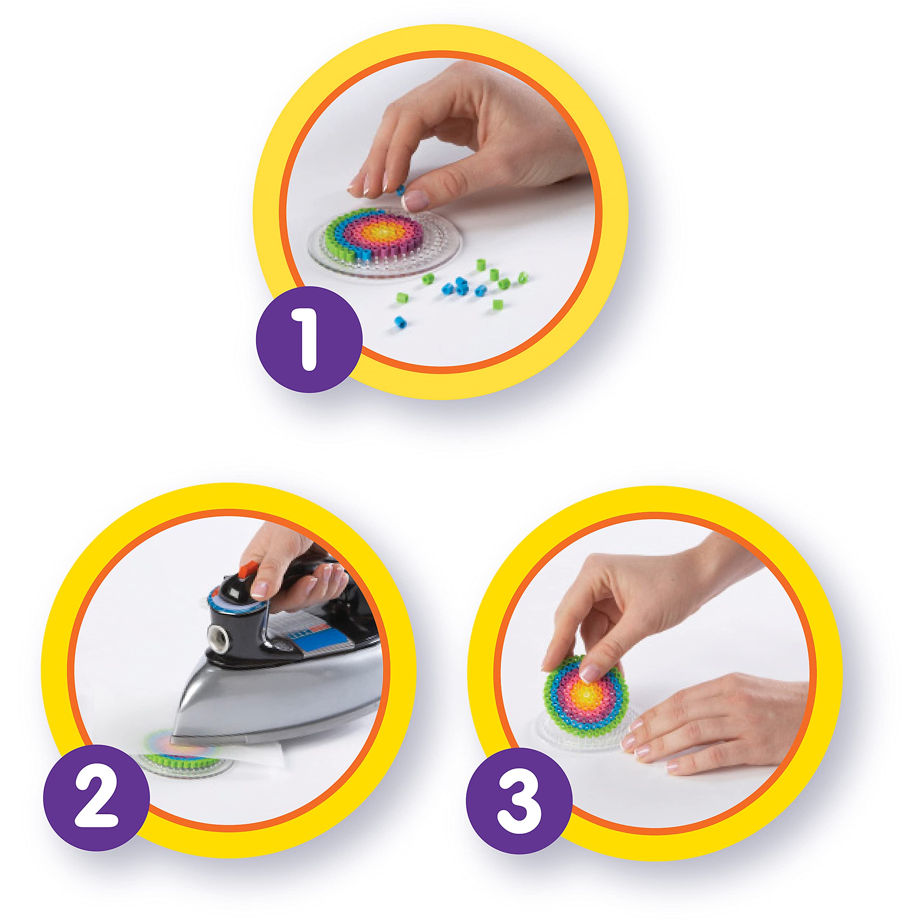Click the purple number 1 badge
pyautogui.click(x=309, y=339)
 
